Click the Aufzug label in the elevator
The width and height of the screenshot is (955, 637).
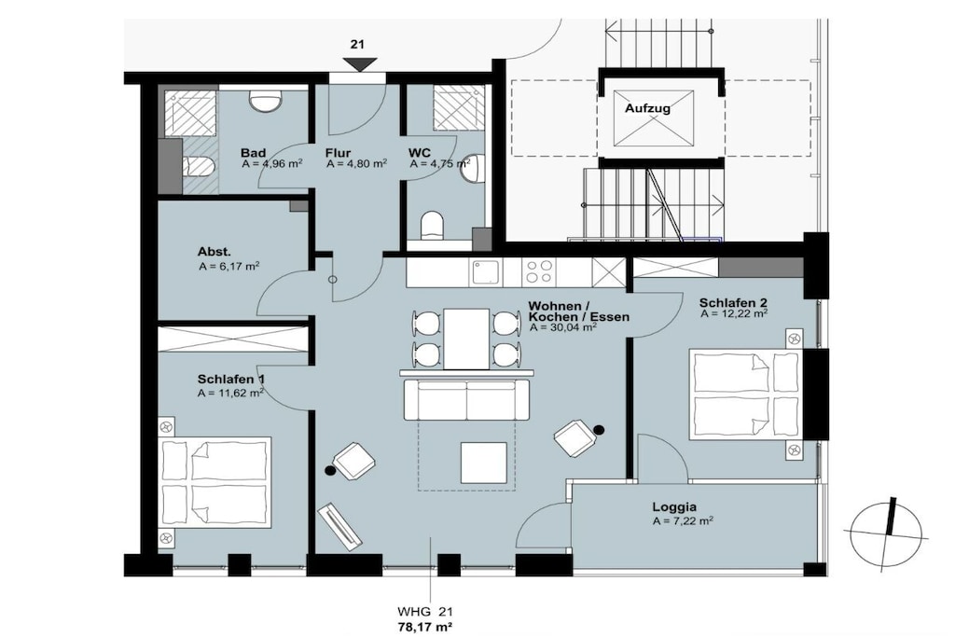click(x=647, y=108)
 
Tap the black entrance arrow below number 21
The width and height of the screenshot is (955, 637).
click(x=359, y=64)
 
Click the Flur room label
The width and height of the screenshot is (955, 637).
click(x=338, y=153)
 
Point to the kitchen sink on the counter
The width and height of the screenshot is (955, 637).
click(x=485, y=272)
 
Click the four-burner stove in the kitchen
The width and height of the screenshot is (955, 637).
click(x=538, y=271)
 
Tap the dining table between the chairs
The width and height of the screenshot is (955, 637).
click(x=466, y=339)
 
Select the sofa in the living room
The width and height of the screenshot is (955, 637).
click(x=466, y=399)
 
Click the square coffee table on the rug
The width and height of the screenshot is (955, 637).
click(x=484, y=463)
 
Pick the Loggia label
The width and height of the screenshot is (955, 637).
click(x=674, y=506)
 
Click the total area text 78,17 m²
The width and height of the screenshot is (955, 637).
click(x=424, y=626)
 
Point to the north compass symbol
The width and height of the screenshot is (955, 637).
click(x=887, y=533)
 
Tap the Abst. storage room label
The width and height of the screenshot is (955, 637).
click(x=214, y=252)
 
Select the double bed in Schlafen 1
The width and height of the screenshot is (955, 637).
click(x=215, y=482)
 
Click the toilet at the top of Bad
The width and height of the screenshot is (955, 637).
click(x=266, y=100)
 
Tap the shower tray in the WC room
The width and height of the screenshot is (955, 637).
click(x=459, y=107)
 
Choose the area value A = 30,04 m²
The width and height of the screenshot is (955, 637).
click(x=562, y=327)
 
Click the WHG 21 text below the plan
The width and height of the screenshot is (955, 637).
click(x=425, y=612)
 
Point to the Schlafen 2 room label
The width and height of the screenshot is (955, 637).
click(x=733, y=303)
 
